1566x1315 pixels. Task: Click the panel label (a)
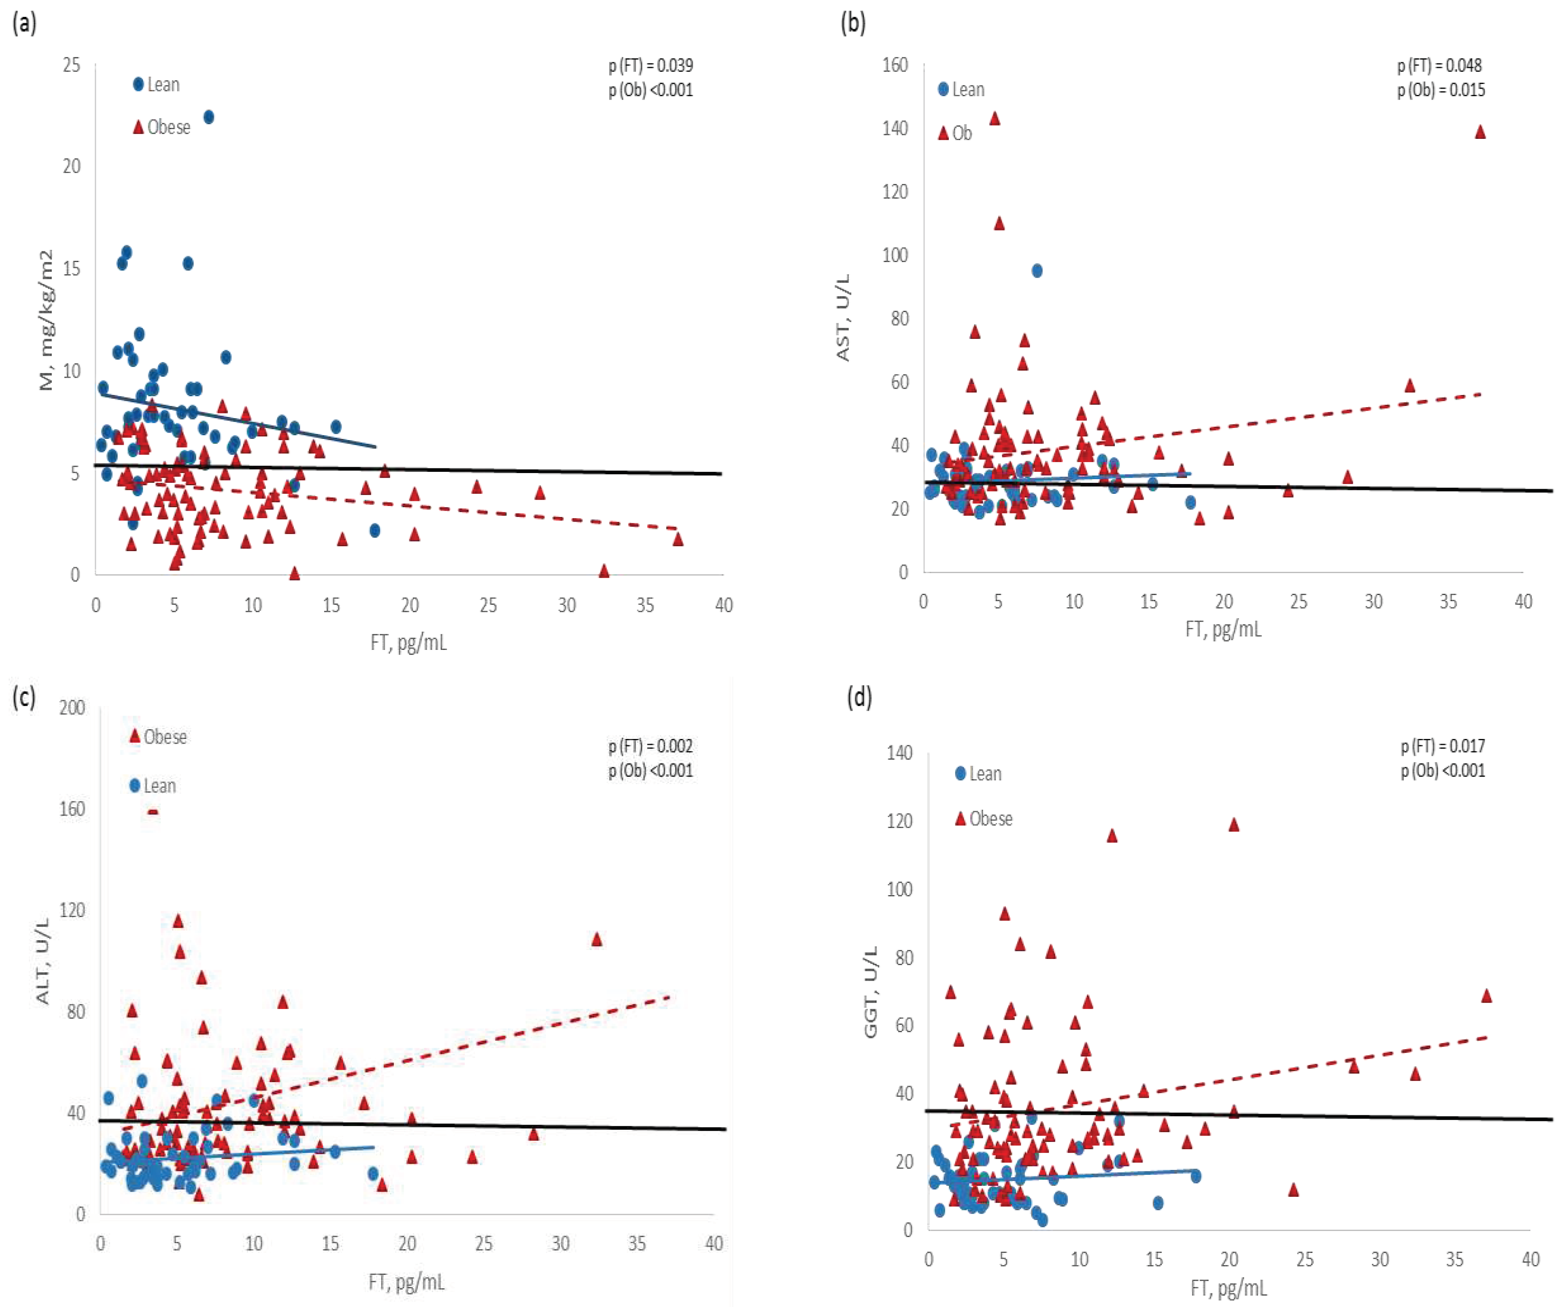click(24, 24)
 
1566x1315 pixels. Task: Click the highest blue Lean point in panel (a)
click(209, 117)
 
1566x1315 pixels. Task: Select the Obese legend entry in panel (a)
click(162, 127)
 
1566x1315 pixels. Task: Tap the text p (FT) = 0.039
click(650, 65)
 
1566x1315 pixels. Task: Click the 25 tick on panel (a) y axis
click(72, 65)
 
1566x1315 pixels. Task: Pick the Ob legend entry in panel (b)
click(955, 133)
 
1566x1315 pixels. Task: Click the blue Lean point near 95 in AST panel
click(1037, 271)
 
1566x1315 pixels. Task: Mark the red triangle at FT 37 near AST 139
click(1480, 133)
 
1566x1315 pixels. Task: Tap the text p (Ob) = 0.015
click(1441, 90)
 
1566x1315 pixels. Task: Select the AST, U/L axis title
click(843, 318)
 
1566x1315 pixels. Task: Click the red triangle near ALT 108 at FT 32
click(596, 939)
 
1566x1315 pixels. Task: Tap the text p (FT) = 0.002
click(650, 746)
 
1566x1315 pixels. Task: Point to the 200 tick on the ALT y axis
click(72, 707)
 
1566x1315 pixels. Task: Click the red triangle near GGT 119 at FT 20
click(1233, 825)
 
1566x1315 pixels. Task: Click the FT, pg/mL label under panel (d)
click(1228, 1288)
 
